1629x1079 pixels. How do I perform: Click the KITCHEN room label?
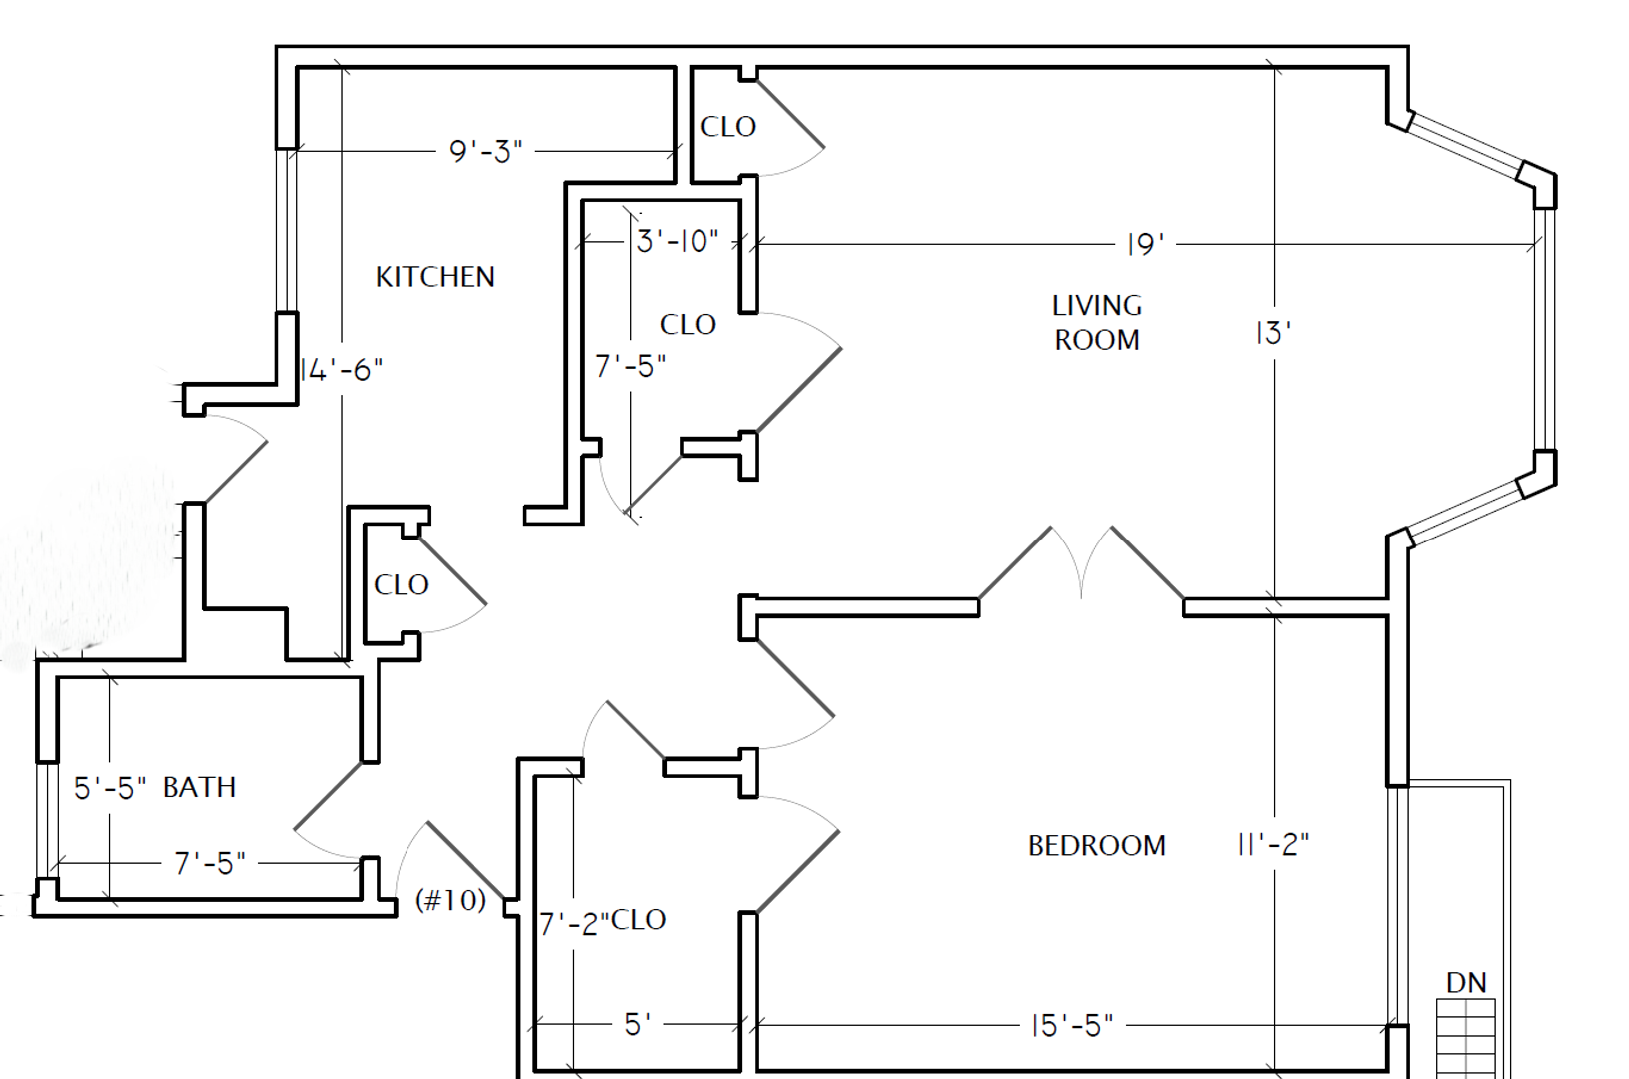pyautogui.click(x=434, y=277)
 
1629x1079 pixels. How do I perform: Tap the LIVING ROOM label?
pyautogui.click(x=1097, y=323)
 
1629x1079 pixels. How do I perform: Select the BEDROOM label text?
pyautogui.click(x=1096, y=846)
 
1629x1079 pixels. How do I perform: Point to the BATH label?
pyautogui.click(x=199, y=788)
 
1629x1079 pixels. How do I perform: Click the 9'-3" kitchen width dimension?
pyautogui.click(x=485, y=151)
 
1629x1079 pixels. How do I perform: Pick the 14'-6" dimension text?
pyautogui.click(x=341, y=370)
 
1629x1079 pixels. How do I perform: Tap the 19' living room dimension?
pyautogui.click(x=1145, y=245)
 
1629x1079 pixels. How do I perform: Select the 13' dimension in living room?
pyautogui.click(x=1273, y=334)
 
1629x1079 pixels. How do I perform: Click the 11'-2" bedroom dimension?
pyautogui.click(x=1272, y=845)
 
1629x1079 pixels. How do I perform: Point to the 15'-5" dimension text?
pyautogui.click(x=1072, y=1026)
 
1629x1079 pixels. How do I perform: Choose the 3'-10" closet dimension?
pyautogui.click(x=677, y=241)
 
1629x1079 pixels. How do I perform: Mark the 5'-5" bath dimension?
pyautogui.click(x=110, y=788)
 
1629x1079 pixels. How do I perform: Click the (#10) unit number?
pyautogui.click(x=450, y=901)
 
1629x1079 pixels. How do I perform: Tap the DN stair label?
pyautogui.click(x=1466, y=984)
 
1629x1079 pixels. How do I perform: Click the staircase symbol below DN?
pyautogui.click(x=1466, y=1039)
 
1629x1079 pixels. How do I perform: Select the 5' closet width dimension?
pyautogui.click(x=638, y=1025)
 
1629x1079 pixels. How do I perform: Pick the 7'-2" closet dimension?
pyautogui.click(x=574, y=924)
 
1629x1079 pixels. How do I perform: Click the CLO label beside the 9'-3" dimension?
pyautogui.click(x=728, y=127)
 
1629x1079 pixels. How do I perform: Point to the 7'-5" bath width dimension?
pyautogui.click(x=210, y=863)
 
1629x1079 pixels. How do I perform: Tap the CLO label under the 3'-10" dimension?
pyautogui.click(x=688, y=325)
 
